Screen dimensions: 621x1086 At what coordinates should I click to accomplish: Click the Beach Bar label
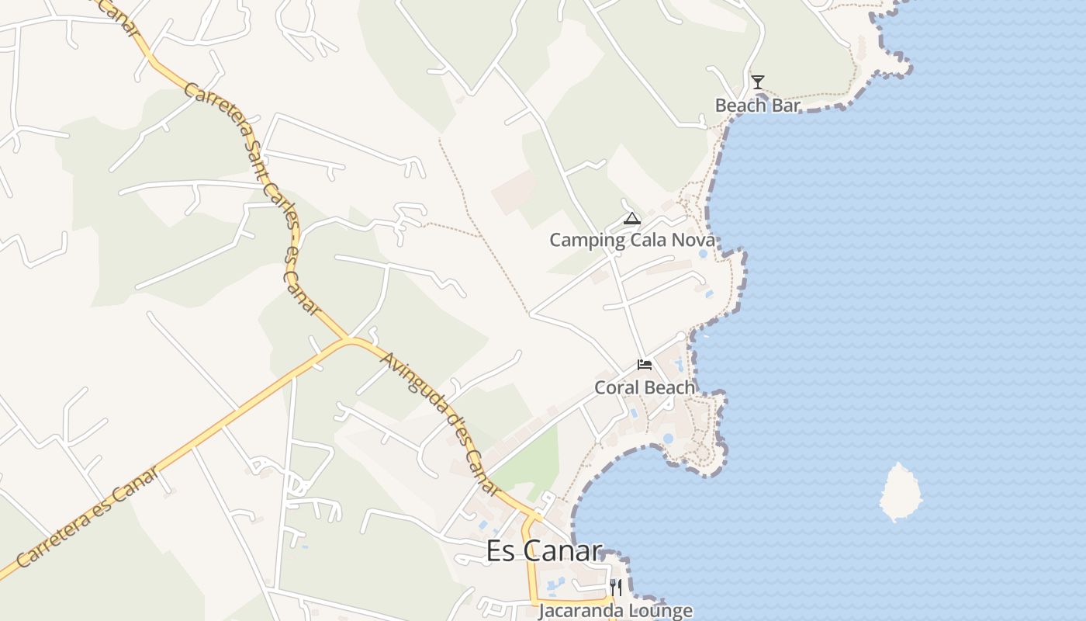pyautogui.click(x=757, y=106)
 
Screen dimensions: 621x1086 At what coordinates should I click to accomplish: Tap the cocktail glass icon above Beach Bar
pyautogui.click(x=758, y=82)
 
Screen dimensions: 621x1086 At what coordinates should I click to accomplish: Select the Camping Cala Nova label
pyautogui.click(x=631, y=240)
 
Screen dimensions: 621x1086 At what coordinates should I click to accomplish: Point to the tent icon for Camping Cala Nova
pyautogui.click(x=632, y=218)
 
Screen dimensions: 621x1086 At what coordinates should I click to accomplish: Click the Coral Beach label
pyautogui.click(x=645, y=387)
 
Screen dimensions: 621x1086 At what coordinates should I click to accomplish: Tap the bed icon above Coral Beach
pyautogui.click(x=645, y=364)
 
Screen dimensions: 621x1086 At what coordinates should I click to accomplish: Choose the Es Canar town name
pyautogui.click(x=544, y=550)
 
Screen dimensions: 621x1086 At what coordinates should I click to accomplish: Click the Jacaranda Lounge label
pyautogui.click(x=615, y=611)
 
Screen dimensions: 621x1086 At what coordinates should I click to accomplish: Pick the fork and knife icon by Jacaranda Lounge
pyautogui.click(x=615, y=587)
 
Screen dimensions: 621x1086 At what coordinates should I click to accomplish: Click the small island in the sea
pyautogui.click(x=901, y=491)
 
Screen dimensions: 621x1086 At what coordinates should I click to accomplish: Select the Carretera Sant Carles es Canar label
pyautogui.click(x=253, y=198)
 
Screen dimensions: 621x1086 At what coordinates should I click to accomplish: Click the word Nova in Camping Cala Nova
pyautogui.click(x=693, y=240)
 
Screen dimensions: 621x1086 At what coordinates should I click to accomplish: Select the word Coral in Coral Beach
pyautogui.click(x=617, y=387)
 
